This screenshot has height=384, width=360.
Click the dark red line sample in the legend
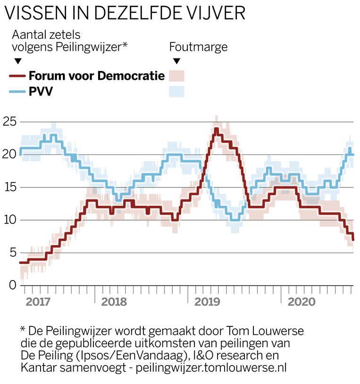(17, 76)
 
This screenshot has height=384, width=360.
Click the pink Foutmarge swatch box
(177, 76)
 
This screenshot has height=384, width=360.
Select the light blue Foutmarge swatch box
(177, 91)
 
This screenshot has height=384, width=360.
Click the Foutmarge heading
(198, 47)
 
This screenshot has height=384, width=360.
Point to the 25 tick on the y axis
(10, 122)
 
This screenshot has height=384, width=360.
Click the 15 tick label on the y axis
(10, 188)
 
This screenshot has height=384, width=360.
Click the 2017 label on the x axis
(39, 302)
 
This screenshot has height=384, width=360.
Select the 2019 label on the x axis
(208, 302)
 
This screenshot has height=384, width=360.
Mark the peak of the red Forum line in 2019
(216, 129)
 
